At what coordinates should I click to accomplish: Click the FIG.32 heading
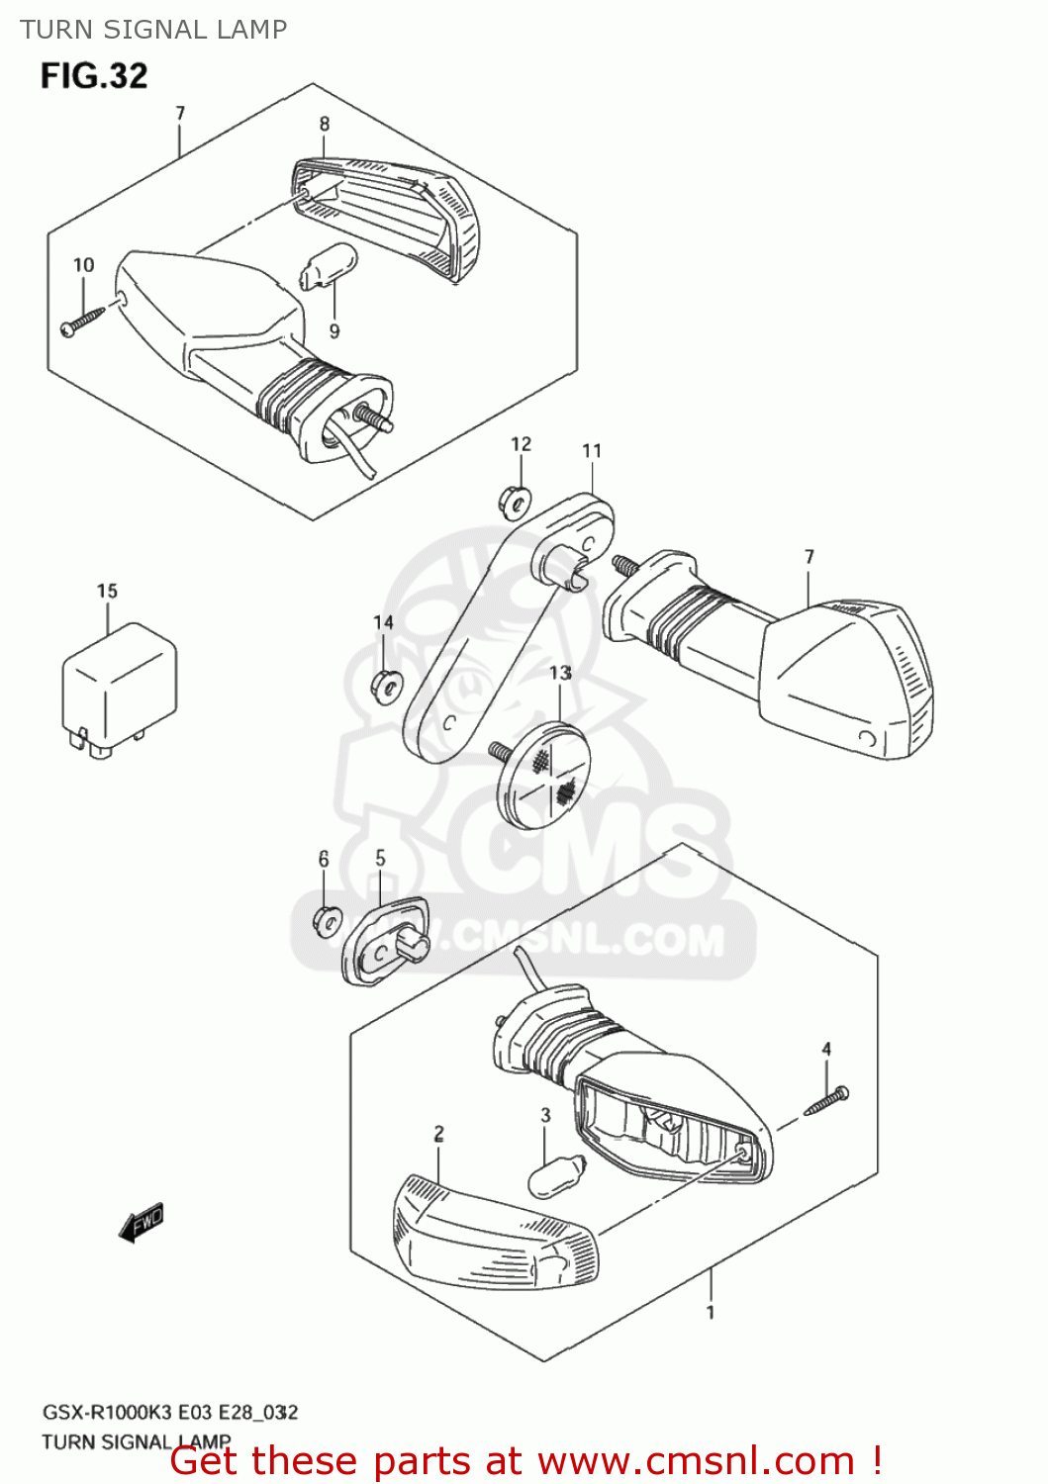tap(94, 76)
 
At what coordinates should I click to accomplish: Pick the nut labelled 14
tap(384, 685)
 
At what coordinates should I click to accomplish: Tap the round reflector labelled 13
tap(542, 772)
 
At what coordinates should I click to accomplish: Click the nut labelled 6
tap(327, 920)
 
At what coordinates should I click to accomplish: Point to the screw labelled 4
tap(827, 1101)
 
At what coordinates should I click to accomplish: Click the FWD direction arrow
tap(141, 1223)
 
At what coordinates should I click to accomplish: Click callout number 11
tap(592, 451)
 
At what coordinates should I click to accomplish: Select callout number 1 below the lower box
tap(710, 1313)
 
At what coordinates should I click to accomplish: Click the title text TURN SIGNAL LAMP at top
tap(153, 30)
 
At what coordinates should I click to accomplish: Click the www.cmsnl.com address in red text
tap(696, 1460)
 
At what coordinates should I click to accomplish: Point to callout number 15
tap(107, 591)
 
